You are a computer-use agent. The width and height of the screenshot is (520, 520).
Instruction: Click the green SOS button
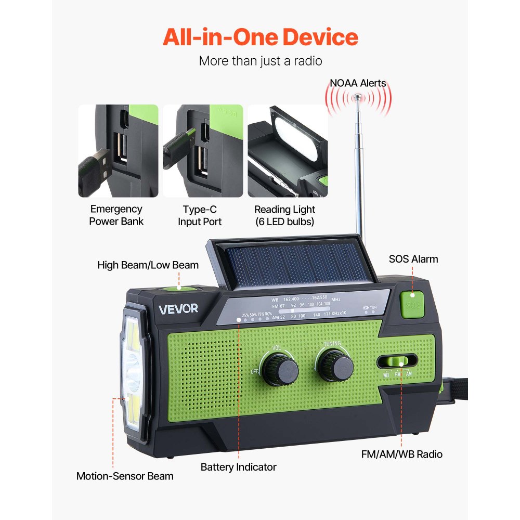(x=412, y=304)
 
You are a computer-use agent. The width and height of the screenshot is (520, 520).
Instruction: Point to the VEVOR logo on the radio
(x=178, y=308)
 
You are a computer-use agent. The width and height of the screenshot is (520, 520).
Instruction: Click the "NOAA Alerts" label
(x=358, y=83)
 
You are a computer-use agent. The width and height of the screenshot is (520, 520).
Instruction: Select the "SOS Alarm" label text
(x=413, y=259)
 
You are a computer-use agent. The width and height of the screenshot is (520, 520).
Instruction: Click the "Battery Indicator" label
(x=239, y=467)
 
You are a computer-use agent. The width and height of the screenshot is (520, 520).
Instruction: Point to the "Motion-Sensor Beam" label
(x=125, y=476)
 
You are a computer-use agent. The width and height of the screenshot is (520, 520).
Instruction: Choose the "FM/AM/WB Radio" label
(x=402, y=454)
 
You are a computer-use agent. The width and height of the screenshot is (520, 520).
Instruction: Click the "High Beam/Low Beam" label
(x=148, y=265)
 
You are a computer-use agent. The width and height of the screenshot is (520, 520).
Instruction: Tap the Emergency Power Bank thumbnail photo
(x=118, y=151)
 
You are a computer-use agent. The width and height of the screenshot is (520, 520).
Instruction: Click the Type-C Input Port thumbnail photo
(x=203, y=151)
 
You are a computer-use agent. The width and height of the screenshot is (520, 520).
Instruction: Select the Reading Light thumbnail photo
(x=287, y=151)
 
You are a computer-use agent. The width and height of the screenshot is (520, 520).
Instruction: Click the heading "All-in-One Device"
(x=260, y=37)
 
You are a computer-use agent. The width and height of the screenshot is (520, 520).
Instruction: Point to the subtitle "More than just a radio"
(x=260, y=61)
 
